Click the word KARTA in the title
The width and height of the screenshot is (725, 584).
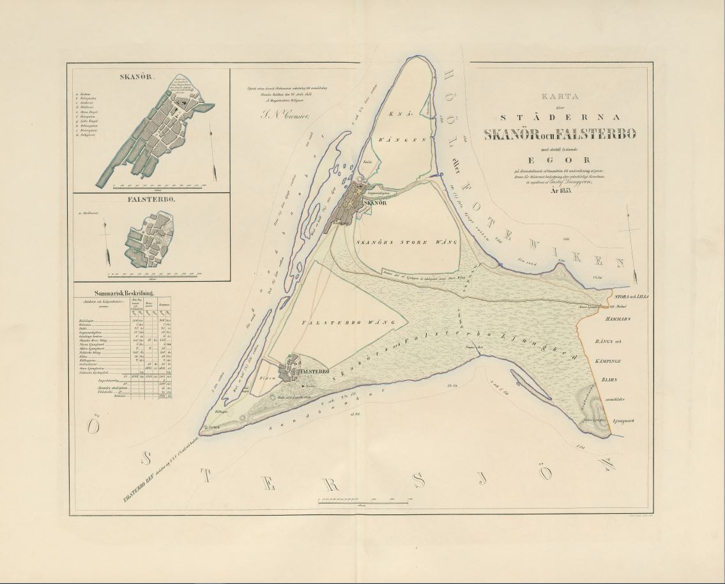click(566, 98)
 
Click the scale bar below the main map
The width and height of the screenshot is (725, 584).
click(362, 500)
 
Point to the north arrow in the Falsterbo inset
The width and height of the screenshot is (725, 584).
click(107, 249)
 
